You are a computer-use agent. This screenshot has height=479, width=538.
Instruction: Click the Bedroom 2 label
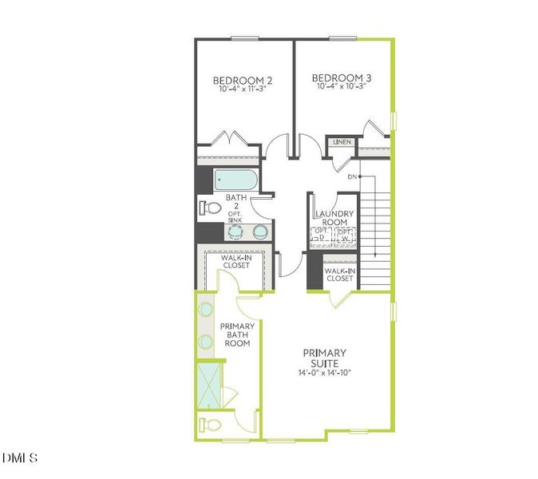pos(243,80)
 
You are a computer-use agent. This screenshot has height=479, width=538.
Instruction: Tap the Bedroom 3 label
pos(343,77)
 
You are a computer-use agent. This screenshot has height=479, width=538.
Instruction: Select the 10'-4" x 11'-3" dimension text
pos(243,89)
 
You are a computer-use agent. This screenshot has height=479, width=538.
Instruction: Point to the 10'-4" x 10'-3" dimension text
pos(343,86)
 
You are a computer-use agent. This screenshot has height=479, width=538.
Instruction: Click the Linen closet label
pos(342,142)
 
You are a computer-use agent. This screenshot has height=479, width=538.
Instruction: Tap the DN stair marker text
pos(352,176)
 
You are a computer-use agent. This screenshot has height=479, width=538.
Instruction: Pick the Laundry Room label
pos(335,218)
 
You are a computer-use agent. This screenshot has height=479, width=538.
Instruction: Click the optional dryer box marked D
pos(322,236)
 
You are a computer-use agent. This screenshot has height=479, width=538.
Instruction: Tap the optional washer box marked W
pos(346,236)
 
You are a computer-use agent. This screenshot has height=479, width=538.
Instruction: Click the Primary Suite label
pos(324,358)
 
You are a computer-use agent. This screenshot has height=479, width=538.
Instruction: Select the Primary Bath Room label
pos(237,335)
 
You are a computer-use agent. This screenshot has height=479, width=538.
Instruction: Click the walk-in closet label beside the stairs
pos(339,275)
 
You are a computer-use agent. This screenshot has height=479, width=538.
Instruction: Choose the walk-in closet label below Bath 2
pos(235,261)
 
